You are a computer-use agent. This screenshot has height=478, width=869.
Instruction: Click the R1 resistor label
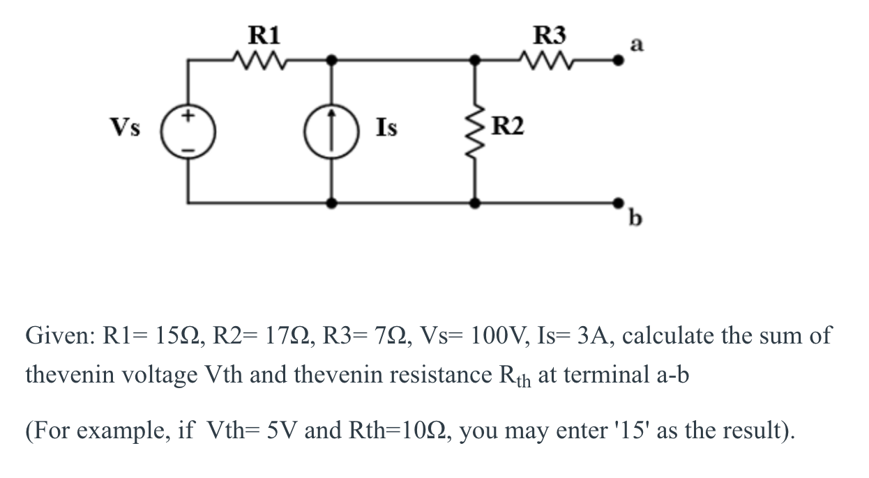[x=264, y=33]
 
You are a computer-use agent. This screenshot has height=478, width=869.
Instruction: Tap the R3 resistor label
[x=550, y=33]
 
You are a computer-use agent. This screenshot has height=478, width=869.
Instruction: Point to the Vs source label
[x=124, y=128]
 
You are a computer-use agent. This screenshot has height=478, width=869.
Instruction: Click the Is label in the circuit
[x=387, y=128]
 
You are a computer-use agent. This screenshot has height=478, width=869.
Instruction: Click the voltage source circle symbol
[x=188, y=130]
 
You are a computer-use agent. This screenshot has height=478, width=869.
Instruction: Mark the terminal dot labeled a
[x=617, y=61]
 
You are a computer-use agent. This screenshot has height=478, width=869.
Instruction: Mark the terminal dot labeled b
[x=617, y=203]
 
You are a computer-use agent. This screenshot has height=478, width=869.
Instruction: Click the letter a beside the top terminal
[x=635, y=45]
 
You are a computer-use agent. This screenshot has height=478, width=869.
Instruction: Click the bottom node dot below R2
[x=476, y=203]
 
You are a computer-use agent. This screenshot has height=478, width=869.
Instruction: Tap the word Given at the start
[x=59, y=335]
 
